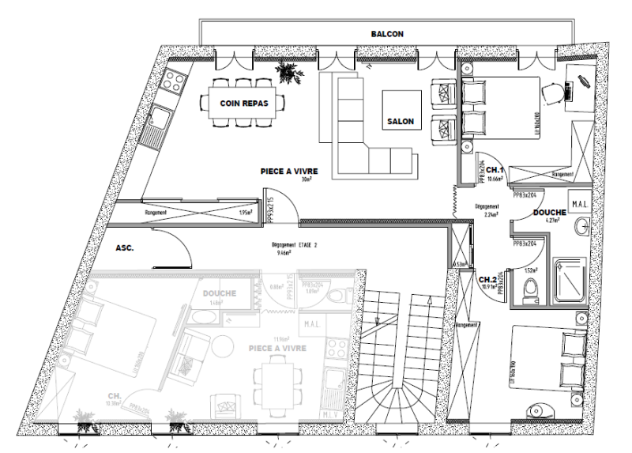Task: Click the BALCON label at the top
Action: click(x=387, y=35)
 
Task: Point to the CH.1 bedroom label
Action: click(x=495, y=170)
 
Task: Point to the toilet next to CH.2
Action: click(x=532, y=288)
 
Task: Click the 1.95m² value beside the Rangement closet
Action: click(x=246, y=213)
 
